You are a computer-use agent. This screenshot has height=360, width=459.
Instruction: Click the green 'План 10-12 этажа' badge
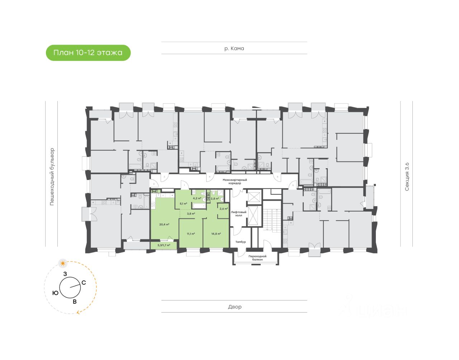pyautogui.click(x=88, y=53)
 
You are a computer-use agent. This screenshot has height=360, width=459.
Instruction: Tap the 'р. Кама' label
pyautogui.click(x=234, y=48)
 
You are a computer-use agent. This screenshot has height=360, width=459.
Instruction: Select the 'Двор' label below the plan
pyautogui.click(x=235, y=307)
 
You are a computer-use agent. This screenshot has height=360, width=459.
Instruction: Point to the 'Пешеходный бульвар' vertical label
pyautogui.click(x=52, y=176)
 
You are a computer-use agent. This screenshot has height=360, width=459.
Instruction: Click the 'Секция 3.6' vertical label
pyautogui.click(x=407, y=176)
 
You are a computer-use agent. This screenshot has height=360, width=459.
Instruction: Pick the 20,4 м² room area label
pyautogui.click(x=164, y=224)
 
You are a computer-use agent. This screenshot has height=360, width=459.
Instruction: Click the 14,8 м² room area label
pyautogui.click(x=216, y=234)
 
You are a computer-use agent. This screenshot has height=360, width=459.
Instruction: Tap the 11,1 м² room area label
pyautogui.click(x=191, y=234)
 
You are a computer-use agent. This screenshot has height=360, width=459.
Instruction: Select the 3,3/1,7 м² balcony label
pyautogui.click(x=164, y=246)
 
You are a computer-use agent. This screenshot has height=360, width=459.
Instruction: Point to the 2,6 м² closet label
pyautogui.click(x=223, y=208)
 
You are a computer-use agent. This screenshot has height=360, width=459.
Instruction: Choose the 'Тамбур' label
pyautogui.click(x=241, y=242)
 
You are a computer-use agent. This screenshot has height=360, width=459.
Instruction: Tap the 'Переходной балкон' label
pyautogui.click(x=257, y=258)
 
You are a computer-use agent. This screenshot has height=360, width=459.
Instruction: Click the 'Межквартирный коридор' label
pyautogui.click(x=235, y=181)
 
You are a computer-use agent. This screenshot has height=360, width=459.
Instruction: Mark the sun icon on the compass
pyautogui.click(x=63, y=264)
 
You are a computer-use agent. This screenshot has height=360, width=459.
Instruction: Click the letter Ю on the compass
pyautogui.click(x=55, y=293)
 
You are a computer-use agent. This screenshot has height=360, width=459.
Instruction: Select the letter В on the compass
pyautogui.click(x=75, y=302)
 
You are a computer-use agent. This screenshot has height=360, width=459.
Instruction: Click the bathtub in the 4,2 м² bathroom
pyautogui.click(x=199, y=205)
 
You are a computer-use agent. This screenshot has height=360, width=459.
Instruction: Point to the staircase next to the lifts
pyautogui.click(x=272, y=218)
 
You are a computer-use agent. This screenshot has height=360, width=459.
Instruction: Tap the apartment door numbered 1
pyautogui.click(x=184, y=185)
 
